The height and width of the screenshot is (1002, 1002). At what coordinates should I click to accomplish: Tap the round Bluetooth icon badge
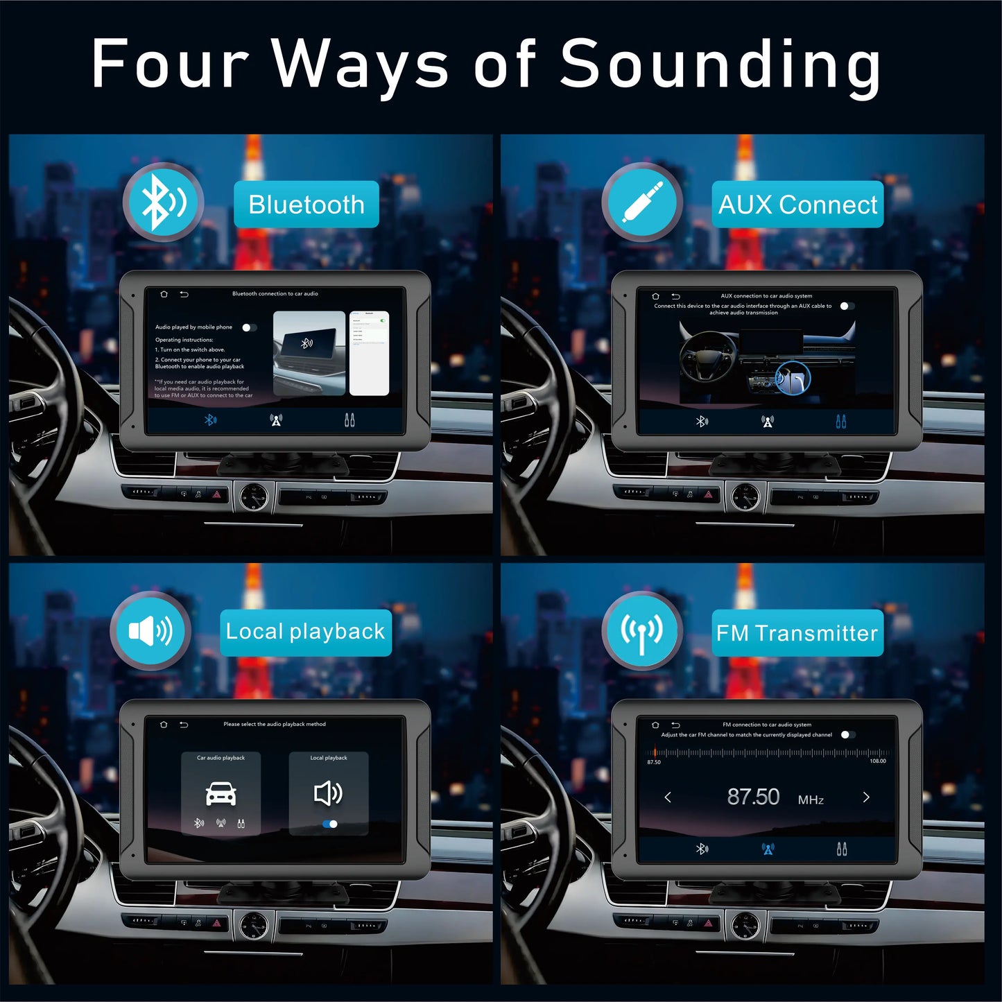(x=164, y=202)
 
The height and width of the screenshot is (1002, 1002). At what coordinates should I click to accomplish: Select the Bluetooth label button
(x=306, y=205)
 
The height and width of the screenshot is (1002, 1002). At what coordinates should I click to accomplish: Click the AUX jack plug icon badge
(x=642, y=202)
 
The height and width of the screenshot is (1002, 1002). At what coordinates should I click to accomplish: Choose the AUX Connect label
(x=797, y=205)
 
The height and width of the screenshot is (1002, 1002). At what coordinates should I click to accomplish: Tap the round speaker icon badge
(x=150, y=631)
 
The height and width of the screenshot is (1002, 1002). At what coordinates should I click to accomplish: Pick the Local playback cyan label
(x=305, y=632)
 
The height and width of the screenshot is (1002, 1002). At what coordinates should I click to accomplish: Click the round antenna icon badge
(x=642, y=631)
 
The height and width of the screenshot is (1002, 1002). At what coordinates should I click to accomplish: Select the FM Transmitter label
(x=797, y=632)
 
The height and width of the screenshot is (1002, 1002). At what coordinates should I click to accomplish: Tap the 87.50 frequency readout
(x=753, y=797)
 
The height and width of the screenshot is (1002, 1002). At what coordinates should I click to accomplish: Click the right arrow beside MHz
(x=866, y=797)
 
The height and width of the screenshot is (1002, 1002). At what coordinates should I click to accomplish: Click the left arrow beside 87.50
(x=668, y=797)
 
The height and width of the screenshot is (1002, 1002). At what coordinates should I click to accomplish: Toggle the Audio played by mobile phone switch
(x=249, y=327)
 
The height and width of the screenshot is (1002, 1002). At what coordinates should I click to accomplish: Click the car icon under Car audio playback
(x=221, y=793)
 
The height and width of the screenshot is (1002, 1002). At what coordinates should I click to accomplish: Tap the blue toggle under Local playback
(x=330, y=824)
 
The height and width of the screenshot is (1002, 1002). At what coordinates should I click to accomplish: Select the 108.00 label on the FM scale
(x=877, y=761)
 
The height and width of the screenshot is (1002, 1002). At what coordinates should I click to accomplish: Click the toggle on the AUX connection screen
(x=847, y=306)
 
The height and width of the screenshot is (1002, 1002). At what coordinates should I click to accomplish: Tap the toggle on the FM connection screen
(x=847, y=734)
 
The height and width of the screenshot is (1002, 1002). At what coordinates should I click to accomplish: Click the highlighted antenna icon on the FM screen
(x=768, y=849)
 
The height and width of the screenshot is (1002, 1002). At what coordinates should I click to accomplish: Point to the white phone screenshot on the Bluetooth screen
(x=369, y=353)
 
